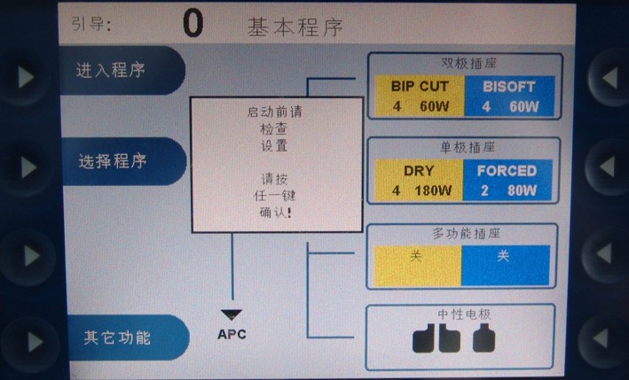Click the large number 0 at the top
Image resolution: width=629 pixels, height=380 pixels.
click(x=193, y=24)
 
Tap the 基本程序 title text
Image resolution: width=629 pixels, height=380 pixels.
click(x=295, y=27)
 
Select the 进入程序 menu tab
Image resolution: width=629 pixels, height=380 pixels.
click(x=111, y=71)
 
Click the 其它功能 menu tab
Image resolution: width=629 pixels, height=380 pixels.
click(x=117, y=337)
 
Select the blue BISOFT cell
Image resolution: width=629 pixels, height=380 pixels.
click(x=509, y=96)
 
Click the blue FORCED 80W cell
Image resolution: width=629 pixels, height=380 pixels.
click(x=507, y=180)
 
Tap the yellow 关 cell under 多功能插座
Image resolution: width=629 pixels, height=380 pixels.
click(x=416, y=256)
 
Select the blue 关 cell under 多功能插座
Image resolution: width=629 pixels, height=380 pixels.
click(x=503, y=256)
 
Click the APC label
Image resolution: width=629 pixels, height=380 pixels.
click(x=232, y=334)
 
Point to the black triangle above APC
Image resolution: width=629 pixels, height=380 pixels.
click(x=232, y=314)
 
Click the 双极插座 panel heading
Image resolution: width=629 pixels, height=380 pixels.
click(x=468, y=64)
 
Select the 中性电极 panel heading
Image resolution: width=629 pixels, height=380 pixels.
click(x=463, y=314)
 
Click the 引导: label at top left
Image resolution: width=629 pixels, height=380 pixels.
click(x=91, y=25)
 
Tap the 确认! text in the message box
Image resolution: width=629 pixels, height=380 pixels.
click(x=276, y=213)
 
